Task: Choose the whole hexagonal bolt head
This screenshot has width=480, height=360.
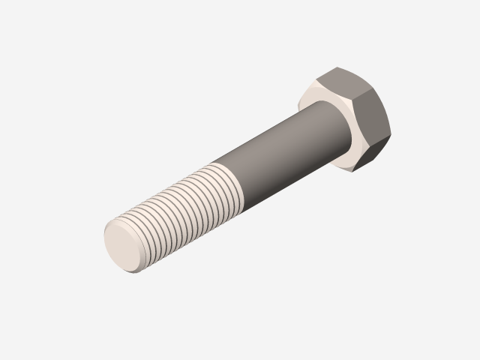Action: (x=352, y=120)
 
